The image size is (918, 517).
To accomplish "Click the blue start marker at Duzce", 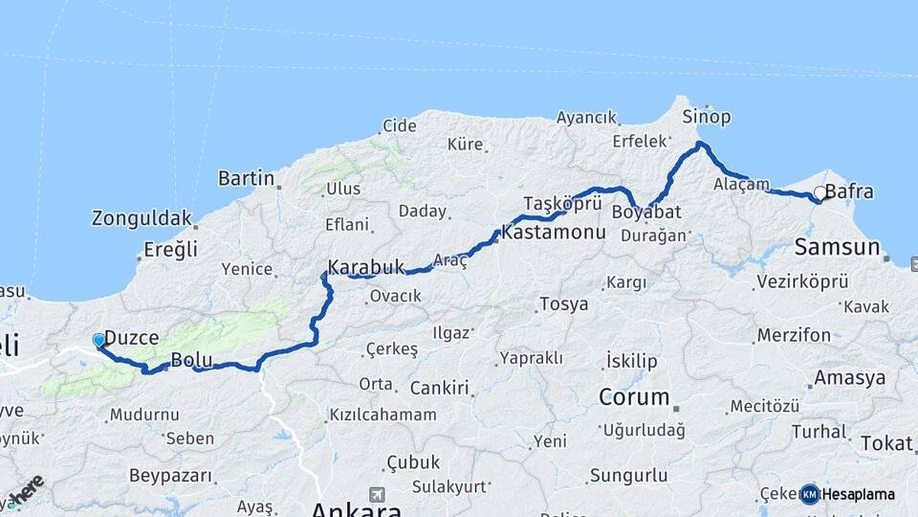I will pyautogui.click(x=98, y=340).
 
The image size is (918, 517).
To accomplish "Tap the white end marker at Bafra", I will pyautogui.click(x=820, y=194).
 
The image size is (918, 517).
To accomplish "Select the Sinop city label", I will pyautogui.click(x=707, y=117).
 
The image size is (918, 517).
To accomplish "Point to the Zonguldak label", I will pyautogui.click(x=142, y=218).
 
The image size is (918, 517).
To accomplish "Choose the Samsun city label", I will pyautogui.click(x=837, y=248).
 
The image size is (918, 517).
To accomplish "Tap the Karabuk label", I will pyautogui.click(x=366, y=267).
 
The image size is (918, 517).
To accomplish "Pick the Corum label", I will pyautogui.click(x=634, y=396).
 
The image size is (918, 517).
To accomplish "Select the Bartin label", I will pyautogui.click(x=246, y=178).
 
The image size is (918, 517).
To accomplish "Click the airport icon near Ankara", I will pyautogui.click(x=376, y=494).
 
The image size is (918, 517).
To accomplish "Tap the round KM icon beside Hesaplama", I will pyautogui.click(x=809, y=494).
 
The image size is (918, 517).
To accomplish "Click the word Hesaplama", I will pyautogui.click(x=858, y=495).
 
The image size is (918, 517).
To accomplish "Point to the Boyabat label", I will pyautogui.click(x=646, y=212).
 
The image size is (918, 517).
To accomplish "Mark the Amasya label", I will pyautogui.click(x=850, y=377).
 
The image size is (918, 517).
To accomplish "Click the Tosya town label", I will pyautogui.click(x=563, y=303).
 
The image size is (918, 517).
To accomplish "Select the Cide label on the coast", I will pyautogui.click(x=400, y=125).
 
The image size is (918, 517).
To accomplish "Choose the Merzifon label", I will pyautogui.click(x=794, y=335).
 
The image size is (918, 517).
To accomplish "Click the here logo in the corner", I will pyautogui.click(x=25, y=490).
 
